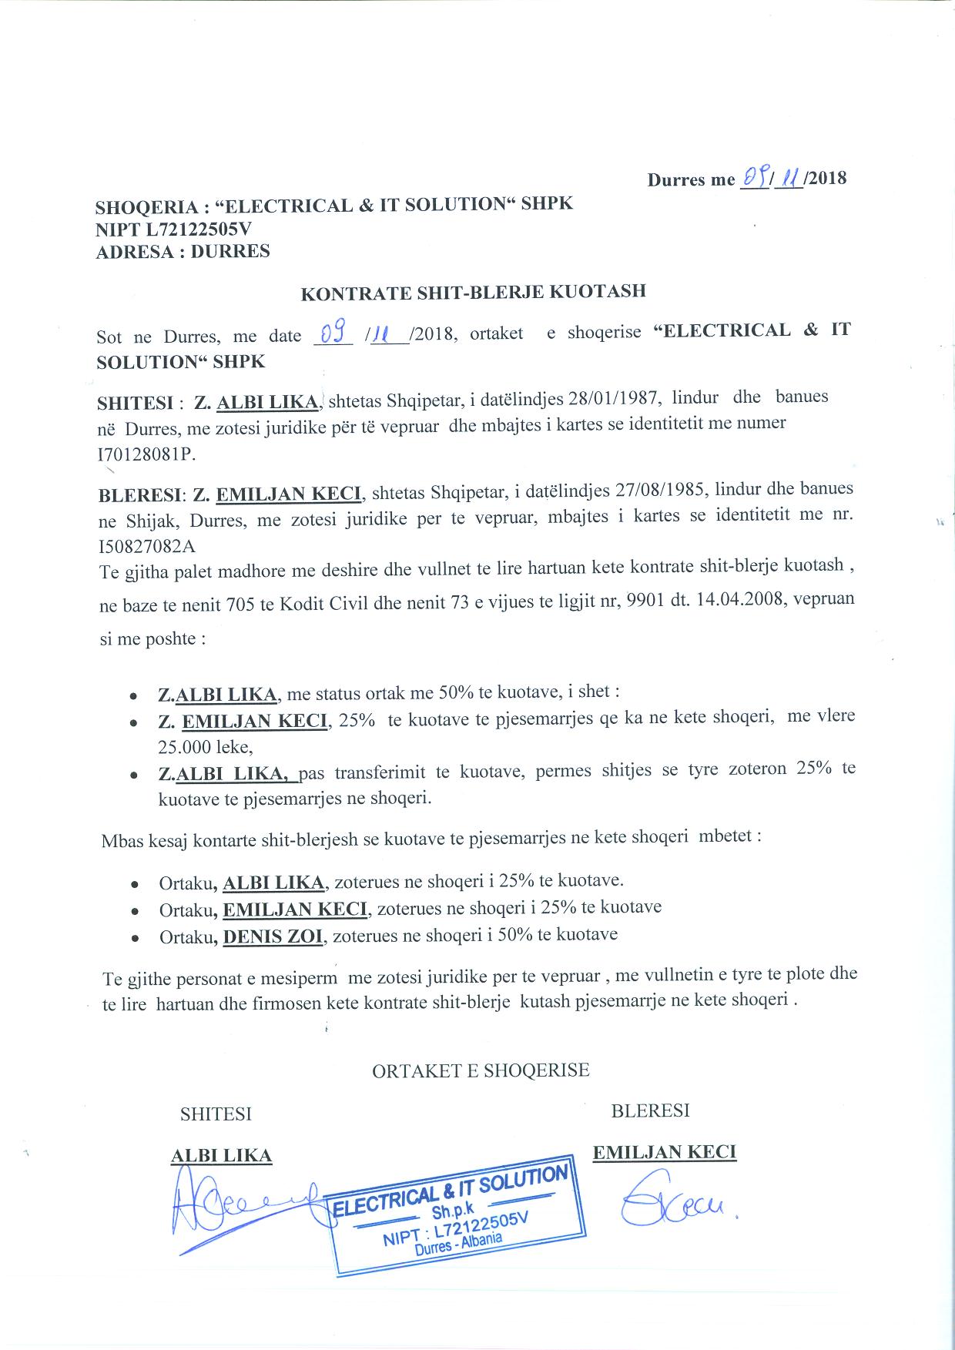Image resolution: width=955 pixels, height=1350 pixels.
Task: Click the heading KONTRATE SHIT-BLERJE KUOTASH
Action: [x=472, y=293]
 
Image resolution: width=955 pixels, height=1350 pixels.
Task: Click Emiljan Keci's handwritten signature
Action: [x=670, y=1208]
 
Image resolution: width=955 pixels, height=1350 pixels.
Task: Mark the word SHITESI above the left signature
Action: [x=216, y=1114]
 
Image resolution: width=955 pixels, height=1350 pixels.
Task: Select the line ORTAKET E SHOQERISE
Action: [x=481, y=1070]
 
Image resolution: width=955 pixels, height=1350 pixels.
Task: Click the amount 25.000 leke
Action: [x=205, y=746]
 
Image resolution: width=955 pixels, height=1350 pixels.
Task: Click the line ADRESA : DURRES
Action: [x=183, y=252]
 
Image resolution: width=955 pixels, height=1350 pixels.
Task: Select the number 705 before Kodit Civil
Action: [x=242, y=605]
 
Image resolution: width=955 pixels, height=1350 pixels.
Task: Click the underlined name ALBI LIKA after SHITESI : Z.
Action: [x=267, y=402]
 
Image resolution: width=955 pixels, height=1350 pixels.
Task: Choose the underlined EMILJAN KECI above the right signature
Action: [x=664, y=1152]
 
